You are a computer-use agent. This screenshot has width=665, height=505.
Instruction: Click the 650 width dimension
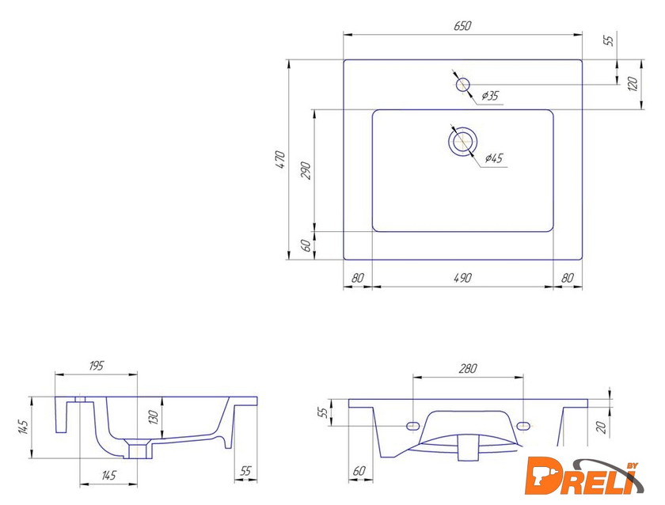coord(462,26)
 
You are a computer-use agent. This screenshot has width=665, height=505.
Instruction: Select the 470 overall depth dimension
coord(281,160)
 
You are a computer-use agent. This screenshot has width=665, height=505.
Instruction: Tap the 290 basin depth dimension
coord(306,170)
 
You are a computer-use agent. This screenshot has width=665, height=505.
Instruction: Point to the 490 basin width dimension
coord(462,278)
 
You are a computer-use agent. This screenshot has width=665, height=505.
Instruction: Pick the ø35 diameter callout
coord(490,96)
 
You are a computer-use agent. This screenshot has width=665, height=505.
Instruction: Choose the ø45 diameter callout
coord(494,158)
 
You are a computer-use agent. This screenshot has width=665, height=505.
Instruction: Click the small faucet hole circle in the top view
coord(462,85)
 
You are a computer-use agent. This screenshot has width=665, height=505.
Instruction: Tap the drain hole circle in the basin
coord(462,141)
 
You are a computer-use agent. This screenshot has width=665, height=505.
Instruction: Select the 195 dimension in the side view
coord(97,366)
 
